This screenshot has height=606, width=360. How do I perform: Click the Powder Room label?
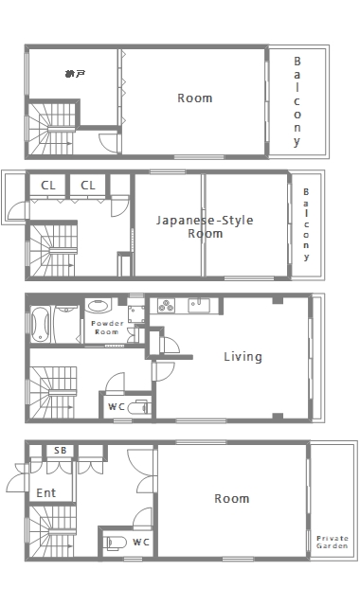coord(104,328)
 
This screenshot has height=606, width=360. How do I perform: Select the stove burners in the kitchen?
coord(165,305)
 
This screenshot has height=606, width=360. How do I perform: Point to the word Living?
coord(243,357)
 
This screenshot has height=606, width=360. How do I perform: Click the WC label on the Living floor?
coord(117,407)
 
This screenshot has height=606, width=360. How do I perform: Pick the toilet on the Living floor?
coord(138,409)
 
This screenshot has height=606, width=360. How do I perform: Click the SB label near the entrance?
coord(60,451)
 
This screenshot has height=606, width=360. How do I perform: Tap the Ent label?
coord(45,492)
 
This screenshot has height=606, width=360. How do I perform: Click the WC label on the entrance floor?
coord(140,543)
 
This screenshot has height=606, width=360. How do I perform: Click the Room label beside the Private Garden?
coord(231,498)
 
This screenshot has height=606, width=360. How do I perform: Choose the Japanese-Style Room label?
coord(205,226)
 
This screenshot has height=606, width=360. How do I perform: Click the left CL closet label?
coord(47,185)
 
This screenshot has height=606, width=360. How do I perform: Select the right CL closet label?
coord(88,185)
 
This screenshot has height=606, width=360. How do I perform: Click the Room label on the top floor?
coord(195,98)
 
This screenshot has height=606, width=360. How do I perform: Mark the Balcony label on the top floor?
coord(297,101)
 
